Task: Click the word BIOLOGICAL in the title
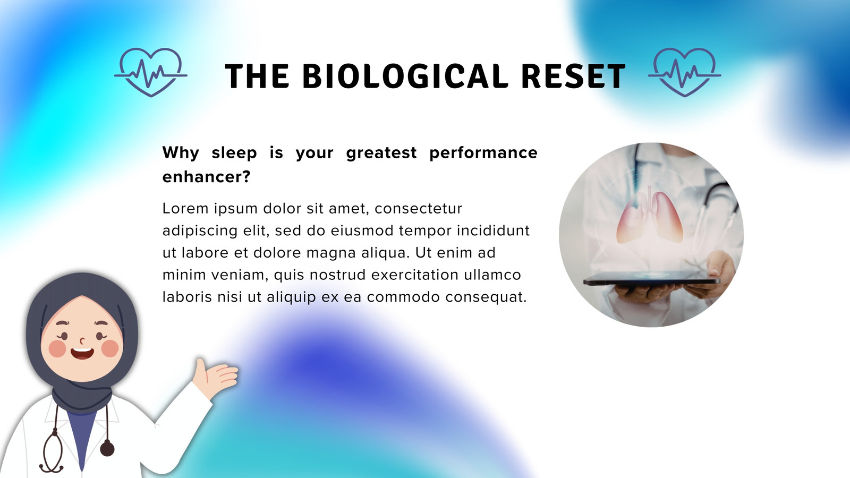tap(405, 76)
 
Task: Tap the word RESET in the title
tap(573, 76)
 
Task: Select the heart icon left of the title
tap(151, 72)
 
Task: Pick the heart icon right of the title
tap(685, 72)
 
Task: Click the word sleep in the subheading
tap(234, 152)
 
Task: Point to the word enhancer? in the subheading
tap(207, 176)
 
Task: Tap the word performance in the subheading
tap(483, 153)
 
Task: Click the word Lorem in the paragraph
tap(185, 208)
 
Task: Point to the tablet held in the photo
tap(651, 281)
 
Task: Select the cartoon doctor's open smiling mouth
tap(82, 354)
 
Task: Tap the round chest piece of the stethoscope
tap(107, 448)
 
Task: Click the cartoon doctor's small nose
tap(82, 340)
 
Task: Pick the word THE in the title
tap(257, 76)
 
